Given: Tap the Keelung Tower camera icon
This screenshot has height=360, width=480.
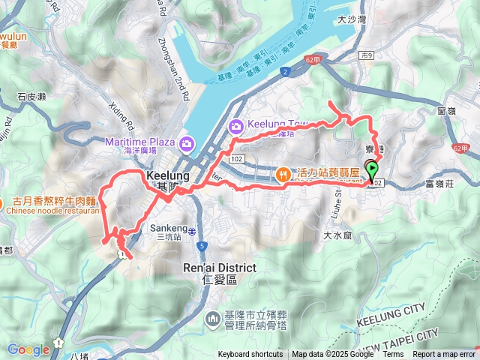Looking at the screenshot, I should point(235,125).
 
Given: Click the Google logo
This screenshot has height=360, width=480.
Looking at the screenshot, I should point(28,349).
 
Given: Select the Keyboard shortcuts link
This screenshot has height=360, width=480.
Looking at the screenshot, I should point(250,355).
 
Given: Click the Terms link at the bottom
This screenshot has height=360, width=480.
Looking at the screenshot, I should point(393,355).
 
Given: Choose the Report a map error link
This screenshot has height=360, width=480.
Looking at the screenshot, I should point(444,355).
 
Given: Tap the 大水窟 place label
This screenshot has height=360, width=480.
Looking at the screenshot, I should point(337,235).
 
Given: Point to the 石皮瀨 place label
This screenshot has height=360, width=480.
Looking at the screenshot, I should point(31,97).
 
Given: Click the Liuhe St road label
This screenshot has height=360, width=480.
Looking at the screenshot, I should point(337,203).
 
